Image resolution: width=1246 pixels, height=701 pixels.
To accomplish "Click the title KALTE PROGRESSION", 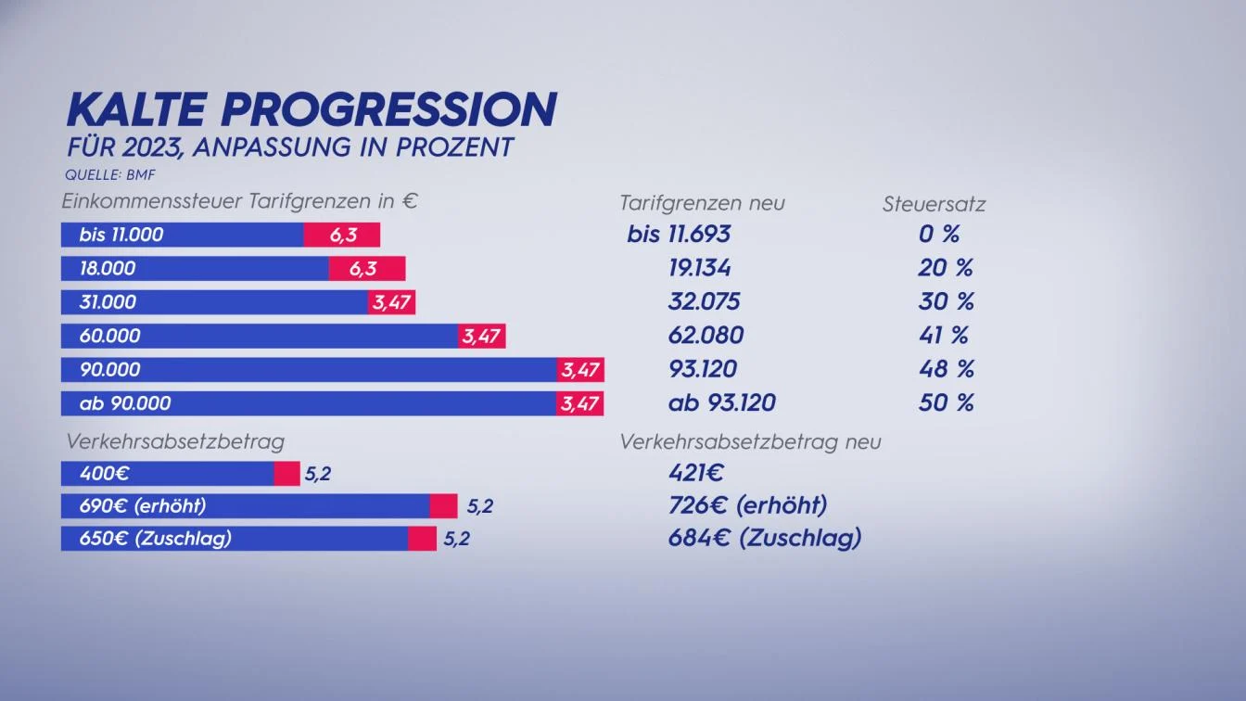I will click(x=311, y=109).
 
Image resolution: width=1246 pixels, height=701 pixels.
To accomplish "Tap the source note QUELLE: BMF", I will click(x=101, y=174).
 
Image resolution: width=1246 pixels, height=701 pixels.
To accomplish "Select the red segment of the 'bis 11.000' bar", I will click(x=342, y=235).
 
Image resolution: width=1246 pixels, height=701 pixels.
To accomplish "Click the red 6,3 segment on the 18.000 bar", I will click(x=367, y=269).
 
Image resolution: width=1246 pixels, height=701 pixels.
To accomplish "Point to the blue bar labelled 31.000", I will click(x=214, y=302).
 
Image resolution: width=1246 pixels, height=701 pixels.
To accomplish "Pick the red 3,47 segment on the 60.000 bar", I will click(x=481, y=336).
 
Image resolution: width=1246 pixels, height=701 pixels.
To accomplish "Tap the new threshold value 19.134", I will click(x=699, y=269).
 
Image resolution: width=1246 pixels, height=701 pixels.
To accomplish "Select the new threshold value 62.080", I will click(x=706, y=336).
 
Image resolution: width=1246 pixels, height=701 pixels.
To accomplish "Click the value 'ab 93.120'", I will click(x=721, y=403).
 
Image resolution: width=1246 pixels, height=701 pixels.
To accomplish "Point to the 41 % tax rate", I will click(x=946, y=336).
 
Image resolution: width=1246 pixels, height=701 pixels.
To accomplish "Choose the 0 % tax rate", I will click(x=938, y=235).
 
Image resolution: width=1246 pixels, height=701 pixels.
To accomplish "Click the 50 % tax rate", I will click(x=946, y=403).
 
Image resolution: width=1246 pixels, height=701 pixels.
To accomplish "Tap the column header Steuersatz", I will click(x=933, y=204).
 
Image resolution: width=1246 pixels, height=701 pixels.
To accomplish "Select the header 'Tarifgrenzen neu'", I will click(x=702, y=203).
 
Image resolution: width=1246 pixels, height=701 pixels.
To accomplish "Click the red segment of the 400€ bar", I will click(x=287, y=474).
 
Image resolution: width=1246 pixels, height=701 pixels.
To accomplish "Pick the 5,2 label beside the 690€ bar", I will click(x=479, y=506).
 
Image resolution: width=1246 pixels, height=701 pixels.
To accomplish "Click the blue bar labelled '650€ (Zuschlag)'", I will click(x=235, y=539).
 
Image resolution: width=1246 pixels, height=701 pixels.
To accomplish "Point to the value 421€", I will click(x=695, y=474).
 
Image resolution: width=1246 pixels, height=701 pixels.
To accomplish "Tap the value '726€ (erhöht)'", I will click(x=747, y=506).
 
